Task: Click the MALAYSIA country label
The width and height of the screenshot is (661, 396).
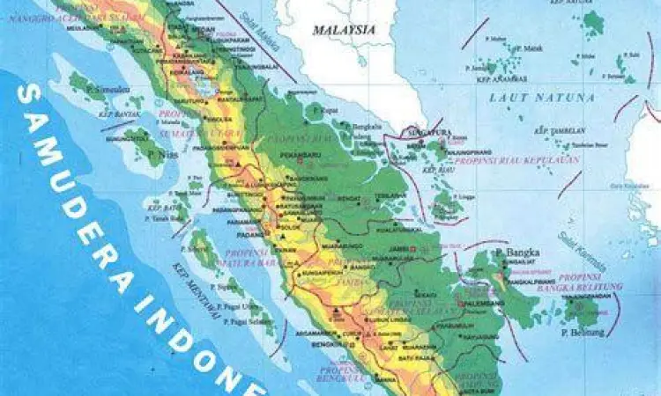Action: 344,30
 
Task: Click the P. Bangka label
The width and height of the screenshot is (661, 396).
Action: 514,251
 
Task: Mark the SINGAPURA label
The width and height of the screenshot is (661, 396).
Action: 429,131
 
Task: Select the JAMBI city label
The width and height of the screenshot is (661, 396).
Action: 405,250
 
